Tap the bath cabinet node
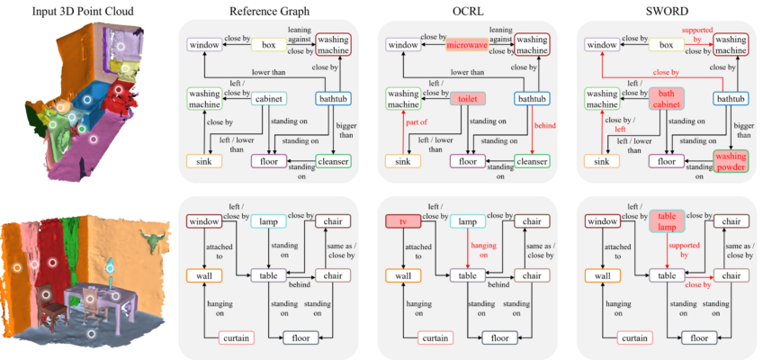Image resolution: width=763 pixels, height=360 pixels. (667, 99)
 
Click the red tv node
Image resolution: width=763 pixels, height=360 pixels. (402, 221)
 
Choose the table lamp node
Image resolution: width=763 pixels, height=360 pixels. (667, 221)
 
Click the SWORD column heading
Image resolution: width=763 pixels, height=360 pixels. (667, 10)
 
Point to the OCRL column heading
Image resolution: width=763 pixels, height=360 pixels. (468, 10)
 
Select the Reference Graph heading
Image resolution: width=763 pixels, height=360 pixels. (269, 10)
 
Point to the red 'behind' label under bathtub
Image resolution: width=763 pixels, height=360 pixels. (541, 126)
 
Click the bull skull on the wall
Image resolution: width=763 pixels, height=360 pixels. (148, 238)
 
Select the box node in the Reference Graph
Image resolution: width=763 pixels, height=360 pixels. (269, 45)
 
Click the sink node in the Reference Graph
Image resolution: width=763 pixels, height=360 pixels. (204, 160)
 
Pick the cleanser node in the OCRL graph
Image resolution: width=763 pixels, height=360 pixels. (532, 160)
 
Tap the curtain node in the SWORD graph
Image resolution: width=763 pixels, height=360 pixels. (634, 337)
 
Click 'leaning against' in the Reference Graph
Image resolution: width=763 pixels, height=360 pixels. (299, 33)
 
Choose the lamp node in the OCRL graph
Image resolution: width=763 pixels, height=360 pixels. (468, 221)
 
